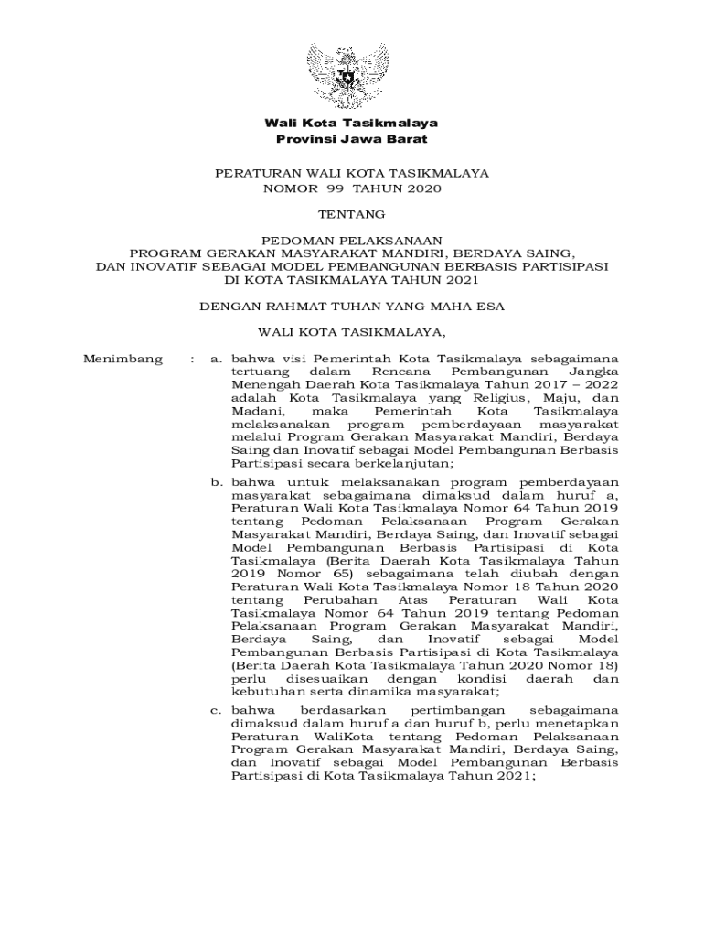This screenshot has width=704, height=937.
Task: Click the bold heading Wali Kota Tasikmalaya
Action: point(351,123)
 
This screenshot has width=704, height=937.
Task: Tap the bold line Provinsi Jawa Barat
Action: point(351,139)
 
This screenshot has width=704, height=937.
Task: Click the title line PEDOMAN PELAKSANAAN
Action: point(351,238)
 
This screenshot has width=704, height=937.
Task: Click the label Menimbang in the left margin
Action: point(123,359)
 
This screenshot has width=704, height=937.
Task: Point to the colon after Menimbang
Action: point(191,359)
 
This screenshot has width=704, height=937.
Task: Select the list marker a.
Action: point(216,359)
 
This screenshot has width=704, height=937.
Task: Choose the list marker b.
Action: point(216,482)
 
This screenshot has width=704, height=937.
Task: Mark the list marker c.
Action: point(216,710)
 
